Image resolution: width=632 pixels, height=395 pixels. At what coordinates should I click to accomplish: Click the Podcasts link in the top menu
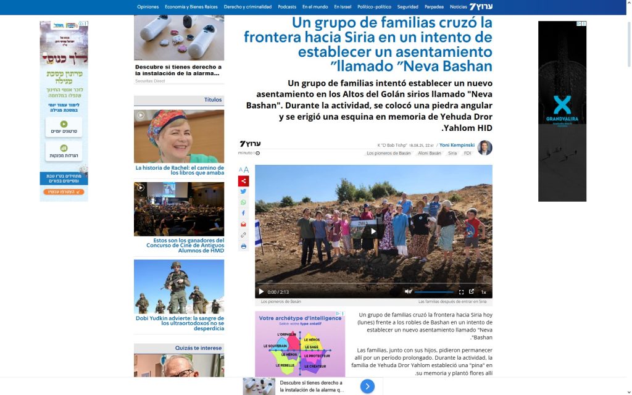287,7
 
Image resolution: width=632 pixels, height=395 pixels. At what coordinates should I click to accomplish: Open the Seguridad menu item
407,7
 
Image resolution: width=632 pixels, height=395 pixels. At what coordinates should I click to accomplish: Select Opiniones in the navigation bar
148,7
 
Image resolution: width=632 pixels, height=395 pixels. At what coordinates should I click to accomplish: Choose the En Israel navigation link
343,7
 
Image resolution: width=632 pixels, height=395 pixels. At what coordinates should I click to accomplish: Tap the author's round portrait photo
485,148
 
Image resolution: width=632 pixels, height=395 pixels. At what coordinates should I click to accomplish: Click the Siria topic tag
452,153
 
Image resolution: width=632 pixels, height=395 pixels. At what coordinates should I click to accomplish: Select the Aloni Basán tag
430,153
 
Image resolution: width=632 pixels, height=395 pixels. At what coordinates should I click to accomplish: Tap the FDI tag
468,153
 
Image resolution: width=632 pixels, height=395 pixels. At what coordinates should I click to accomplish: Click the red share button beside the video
243,181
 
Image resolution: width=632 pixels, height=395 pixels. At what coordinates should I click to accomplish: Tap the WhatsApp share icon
243,202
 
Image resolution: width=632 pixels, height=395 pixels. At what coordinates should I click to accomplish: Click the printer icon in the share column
243,246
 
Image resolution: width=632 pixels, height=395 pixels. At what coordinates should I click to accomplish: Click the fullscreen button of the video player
461,292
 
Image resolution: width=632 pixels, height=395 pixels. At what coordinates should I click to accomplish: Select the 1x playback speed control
484,292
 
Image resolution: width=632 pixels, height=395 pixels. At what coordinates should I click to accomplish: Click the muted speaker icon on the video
408,292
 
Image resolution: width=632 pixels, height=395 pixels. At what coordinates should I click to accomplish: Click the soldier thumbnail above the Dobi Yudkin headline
179,286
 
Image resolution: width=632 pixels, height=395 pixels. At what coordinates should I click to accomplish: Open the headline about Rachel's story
179,170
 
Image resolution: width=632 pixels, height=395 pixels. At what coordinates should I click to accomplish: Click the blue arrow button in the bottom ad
367,386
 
